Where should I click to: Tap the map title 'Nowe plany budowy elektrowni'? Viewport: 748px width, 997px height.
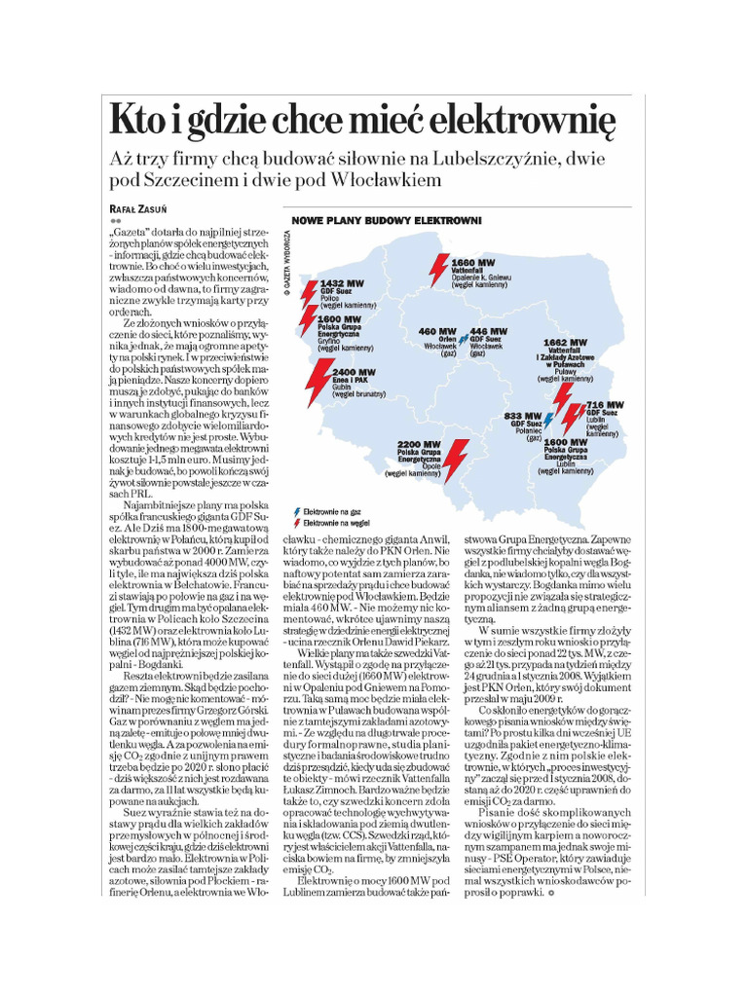pyautogui.click(x=388, y=221)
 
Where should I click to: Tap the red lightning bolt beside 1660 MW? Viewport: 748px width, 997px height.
pyautogui.click(x=438, y=268)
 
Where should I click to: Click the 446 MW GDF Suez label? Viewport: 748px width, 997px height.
pyautogui.click(x=488, y=332)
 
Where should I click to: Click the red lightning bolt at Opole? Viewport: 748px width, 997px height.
pyautogui.click(x=455, y=458)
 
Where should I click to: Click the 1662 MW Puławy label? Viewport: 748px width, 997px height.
pyautogui.click(x=566, y=344)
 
